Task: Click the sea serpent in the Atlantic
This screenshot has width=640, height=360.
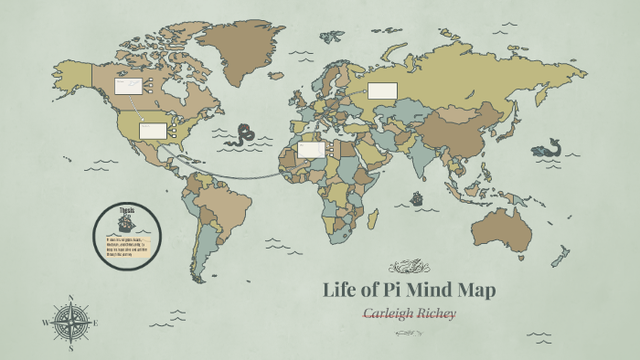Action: [242, 135]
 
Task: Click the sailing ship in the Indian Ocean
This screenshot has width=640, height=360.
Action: [417, 197]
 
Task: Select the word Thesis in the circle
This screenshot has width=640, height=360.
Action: [127, 209]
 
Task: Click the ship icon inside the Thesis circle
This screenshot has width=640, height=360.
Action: [127, 222]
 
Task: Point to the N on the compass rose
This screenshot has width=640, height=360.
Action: [70, 298]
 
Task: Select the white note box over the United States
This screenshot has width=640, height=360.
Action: [153, 131]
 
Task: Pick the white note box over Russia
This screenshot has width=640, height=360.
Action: [382, 90]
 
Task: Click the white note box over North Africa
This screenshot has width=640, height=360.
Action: [311, 149]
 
